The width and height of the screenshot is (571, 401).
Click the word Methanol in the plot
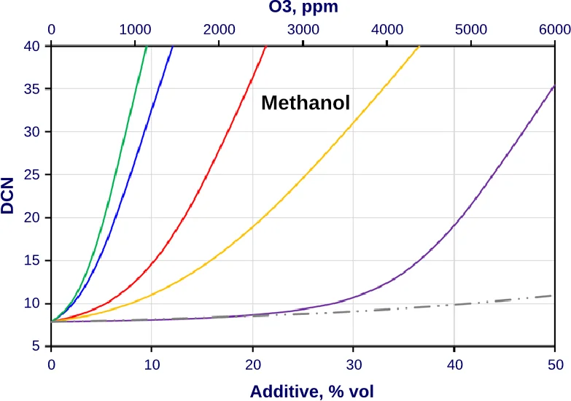point(306,103)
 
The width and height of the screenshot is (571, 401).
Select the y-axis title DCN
point(9,196)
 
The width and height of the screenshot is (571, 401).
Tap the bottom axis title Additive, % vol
point(311,392)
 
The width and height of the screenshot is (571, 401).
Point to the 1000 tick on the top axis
point(135,30)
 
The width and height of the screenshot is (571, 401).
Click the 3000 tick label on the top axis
point(303,30)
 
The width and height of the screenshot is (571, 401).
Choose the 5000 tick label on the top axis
point(470,30)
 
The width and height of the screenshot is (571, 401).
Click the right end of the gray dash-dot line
point(553,295)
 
